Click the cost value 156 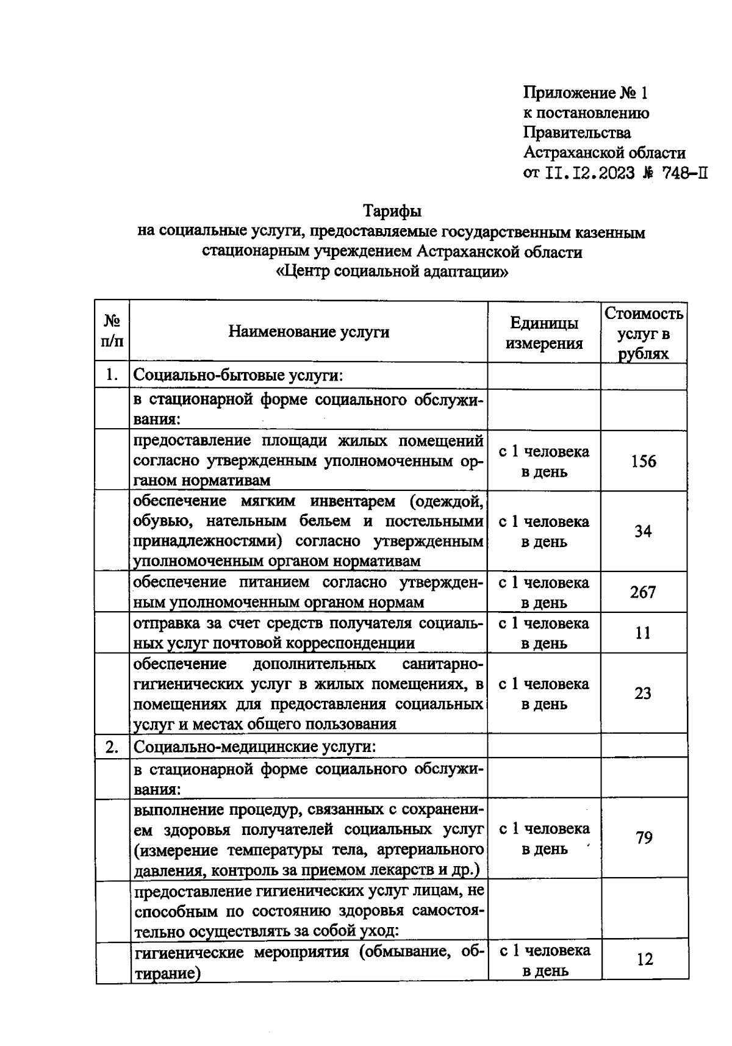[x=644, y=462]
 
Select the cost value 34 [x=643, y=532]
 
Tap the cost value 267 [x=643, y=592]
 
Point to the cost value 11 [x=643, y=633]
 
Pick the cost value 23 [x=643, y=693]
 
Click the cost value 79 [x=644, y=838]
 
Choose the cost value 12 [x=645, y=959]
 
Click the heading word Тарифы [x=392, y=212]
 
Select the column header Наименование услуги [x=309, y=332]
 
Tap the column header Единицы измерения [x=544, y=333]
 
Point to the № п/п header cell [x=112, y=331]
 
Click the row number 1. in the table [x=112, y=374]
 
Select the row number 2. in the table [x=112, y=747]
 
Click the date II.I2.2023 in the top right [x=589, y=173]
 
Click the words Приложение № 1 [x=585, y=93]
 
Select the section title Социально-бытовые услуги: [x=239, y=375]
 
